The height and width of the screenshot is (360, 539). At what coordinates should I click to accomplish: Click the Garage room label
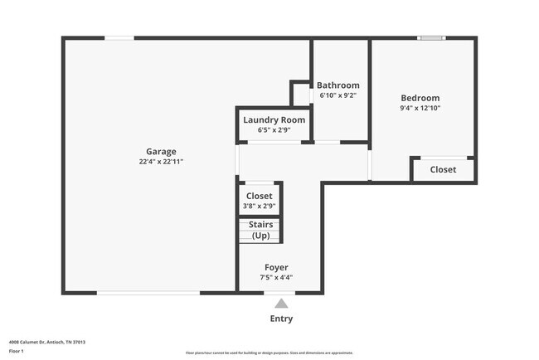pos(161,151)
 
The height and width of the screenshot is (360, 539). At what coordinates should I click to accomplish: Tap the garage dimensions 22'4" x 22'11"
pos(161,162)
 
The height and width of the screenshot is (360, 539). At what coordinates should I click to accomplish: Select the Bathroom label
pos(338,85)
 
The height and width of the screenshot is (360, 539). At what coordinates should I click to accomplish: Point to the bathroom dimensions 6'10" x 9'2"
pos(338,95)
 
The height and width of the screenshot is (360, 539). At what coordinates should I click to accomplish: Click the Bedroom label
pos(420,98)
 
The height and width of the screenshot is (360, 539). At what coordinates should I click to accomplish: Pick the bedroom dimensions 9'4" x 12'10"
pos(420,108)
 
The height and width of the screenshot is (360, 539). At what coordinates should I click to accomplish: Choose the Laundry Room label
pos(274,120)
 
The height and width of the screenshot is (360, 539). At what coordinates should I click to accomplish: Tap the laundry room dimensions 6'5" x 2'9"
pos(274,130)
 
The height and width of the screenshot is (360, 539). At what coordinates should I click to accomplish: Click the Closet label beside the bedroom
pos(443,170)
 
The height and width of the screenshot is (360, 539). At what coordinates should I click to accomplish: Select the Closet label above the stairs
pos(260,196)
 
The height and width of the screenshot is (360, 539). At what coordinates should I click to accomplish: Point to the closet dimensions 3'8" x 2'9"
pos(260,206)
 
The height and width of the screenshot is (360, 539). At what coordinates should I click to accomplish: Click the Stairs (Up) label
pos(260,230)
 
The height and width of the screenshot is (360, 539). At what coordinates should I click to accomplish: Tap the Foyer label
pos(276,267)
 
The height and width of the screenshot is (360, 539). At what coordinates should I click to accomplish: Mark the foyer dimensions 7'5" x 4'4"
pos(276,278)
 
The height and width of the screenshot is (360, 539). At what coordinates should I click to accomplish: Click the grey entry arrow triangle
pos(282,304)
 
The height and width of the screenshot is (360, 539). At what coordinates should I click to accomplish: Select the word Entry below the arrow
pos(281,319)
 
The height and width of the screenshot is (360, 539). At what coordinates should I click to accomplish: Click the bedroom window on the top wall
pos(430,37)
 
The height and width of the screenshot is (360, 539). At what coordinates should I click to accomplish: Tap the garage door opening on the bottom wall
pos(148,292)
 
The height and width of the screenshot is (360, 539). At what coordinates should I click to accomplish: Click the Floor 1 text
pos(16,351)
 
